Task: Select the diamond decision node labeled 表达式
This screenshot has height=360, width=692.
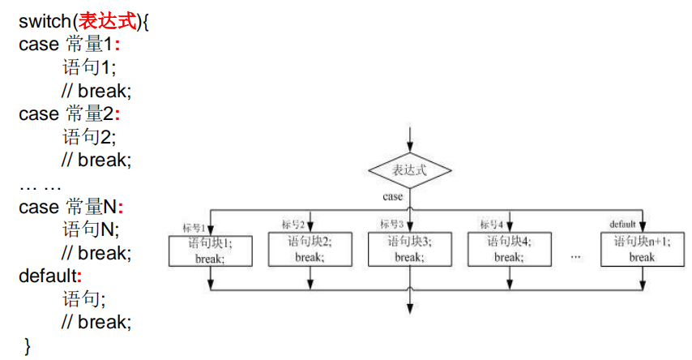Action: [410, 170]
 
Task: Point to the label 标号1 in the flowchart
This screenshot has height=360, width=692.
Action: [193, 226]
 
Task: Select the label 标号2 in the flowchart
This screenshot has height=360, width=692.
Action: [293, 224]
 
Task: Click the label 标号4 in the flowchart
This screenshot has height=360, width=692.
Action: [491, 224]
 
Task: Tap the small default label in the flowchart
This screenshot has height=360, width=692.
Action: [623, 224]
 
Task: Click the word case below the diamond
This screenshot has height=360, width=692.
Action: [393, 196]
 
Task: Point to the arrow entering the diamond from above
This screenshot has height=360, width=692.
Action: [410, 139]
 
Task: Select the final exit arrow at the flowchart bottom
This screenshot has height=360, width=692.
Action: [410, 303]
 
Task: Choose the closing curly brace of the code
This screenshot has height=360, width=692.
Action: [28, 346]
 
